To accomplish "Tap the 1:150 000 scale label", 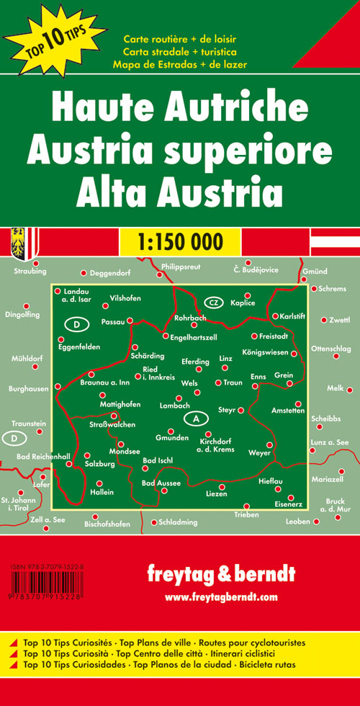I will [x=179, y=240].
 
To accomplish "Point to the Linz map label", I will [x=226, y=358].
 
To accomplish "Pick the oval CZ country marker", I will [x=215, y=302].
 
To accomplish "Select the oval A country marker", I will [x=195, y=417].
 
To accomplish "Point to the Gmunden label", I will [x=171, y=439].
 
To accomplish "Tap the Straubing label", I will [x=29, y=272].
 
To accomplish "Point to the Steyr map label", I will [x=228, y=411].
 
